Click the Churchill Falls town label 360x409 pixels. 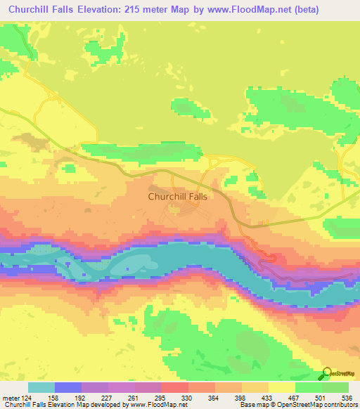tap(178, 197)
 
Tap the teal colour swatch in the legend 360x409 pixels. tap(41, 387)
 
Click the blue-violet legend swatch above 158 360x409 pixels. tap(68, 387)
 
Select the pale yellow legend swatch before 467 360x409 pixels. tap(282, 387)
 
